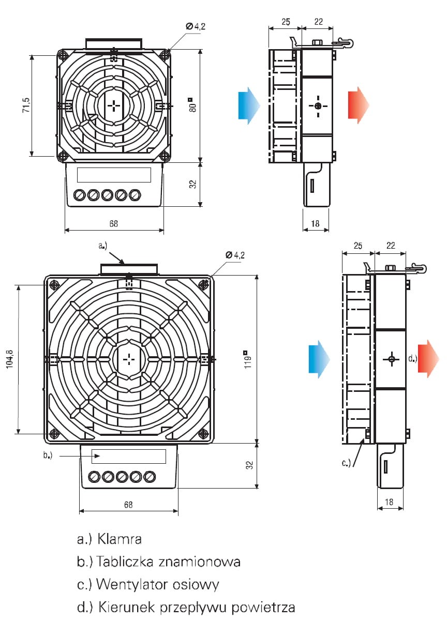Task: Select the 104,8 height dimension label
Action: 11,358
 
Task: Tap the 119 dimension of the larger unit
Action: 248,359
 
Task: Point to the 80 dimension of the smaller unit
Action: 192,105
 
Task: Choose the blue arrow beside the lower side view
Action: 319,358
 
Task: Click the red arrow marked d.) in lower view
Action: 428,358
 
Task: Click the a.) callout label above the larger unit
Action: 103,247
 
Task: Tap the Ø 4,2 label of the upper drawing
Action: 196,25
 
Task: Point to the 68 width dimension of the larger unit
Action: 128,505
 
